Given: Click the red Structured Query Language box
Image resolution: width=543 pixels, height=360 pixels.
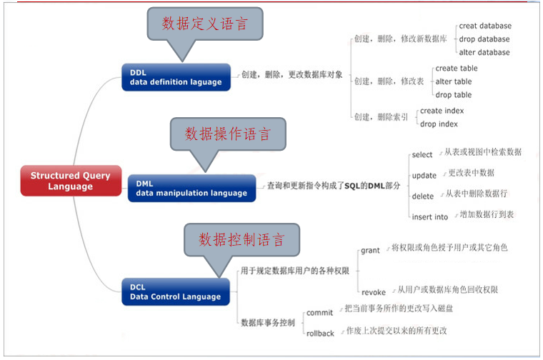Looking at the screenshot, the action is coord(71,181).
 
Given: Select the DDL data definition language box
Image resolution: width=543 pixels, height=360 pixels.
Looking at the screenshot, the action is coord(176,77).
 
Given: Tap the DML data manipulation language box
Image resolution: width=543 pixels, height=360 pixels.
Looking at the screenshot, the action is coord(191,188).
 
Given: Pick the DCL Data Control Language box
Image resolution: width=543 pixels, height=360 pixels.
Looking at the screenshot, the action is coord(176,292).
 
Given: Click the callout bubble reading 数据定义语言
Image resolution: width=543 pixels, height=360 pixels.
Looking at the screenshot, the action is coord(204,24).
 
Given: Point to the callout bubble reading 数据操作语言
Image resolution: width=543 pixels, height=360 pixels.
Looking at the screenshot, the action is coord(228,134).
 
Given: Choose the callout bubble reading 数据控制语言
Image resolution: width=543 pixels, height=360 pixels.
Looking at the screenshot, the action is coord(242,238).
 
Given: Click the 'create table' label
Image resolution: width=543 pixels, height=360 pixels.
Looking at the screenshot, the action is coord(457,69).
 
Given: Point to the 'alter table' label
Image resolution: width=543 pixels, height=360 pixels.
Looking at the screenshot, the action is coord(454,81).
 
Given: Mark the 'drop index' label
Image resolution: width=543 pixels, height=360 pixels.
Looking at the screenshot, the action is coord(439,124).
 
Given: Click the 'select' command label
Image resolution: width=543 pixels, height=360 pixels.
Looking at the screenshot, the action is coord(422,155).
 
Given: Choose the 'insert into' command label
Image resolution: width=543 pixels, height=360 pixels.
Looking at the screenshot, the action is coord(430,217).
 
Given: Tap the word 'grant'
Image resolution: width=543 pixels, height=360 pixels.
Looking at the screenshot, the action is coord(370,251).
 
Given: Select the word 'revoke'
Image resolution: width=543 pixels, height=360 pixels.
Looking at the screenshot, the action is coord(374,292).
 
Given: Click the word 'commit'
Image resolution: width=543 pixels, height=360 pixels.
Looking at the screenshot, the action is coord(319,313).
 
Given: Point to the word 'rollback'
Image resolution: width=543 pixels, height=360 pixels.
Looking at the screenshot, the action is coord(320,334).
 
